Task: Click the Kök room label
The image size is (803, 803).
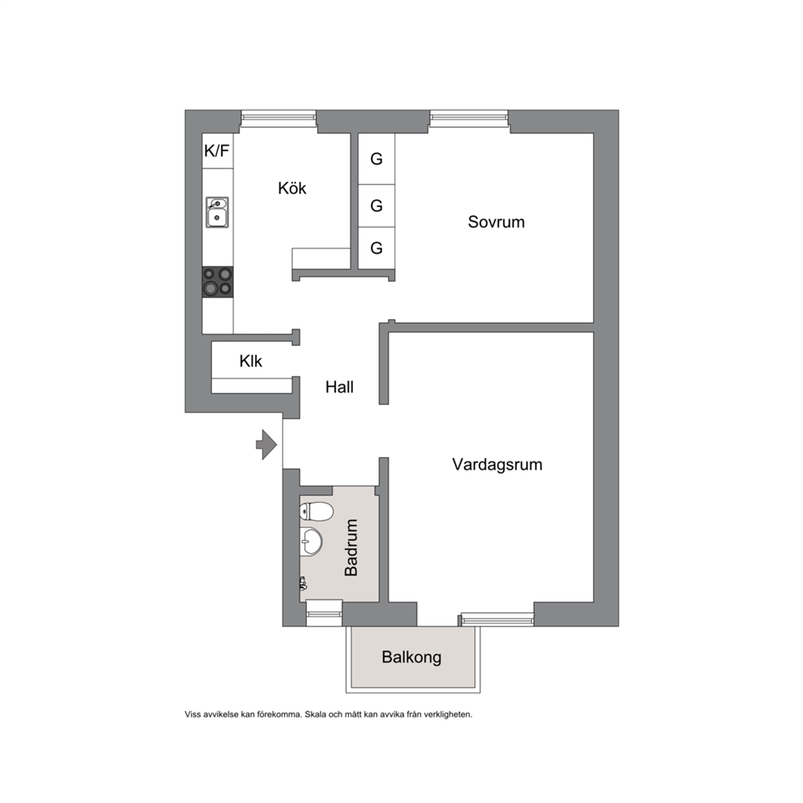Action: pyautogui.click(x=292, y=188)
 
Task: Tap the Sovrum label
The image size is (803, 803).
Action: pyautogui.click(x=496, y=222)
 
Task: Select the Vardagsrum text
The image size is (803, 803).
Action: pyautogui.click(x=497, y=465)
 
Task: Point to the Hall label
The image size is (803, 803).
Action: pyautogui.click(x=339, y=387)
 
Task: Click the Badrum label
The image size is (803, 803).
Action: pyautogui.click(x=351, y=547)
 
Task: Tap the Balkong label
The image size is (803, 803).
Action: pyautogui.click(x=412, y=657)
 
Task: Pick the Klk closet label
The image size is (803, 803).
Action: pyautogui.click(x=250, y=361)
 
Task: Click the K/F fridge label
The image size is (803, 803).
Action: pyautogui.click(x=217, y=151)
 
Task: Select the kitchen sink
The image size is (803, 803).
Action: pyautogui.click(x=217, y=212)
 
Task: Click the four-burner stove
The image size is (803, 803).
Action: pyautogui.click(x=218, y=282)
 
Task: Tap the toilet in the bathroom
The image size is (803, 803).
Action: pyautogui.click(x=317, y=511)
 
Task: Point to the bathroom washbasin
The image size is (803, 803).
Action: pyautogui.click(x=312, y=541)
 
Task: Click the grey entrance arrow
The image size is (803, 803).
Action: pyautogui.click(x=266, y=444)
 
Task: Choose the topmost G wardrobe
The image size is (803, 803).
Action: pyautogui.click(x=376, y=159)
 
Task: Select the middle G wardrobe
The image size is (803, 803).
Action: pyautogui.click(x=376, y=206)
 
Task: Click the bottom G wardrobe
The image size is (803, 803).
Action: pyautogui.click(x=376, y=248)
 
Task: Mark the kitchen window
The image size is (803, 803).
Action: pyautogui.click(x=278, y=118)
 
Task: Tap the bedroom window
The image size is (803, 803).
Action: pyautogui.click(x=469, y=118)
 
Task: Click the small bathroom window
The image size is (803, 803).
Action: pyautogui.click(x=324, y=613)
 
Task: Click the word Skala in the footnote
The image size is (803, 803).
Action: pyautogui.click(x=315, y=715)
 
